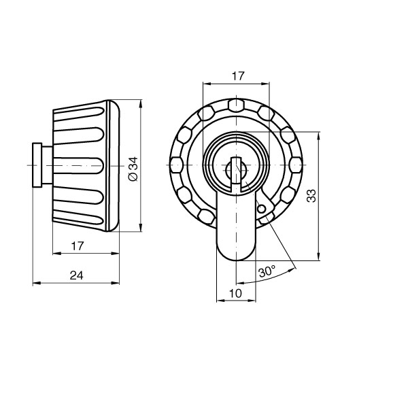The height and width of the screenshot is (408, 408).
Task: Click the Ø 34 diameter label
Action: point(133,168)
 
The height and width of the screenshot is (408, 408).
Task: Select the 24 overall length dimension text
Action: point(77,275)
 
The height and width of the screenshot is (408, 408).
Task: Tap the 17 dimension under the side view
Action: point(77,245)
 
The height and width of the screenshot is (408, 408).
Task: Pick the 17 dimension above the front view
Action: point(236,77)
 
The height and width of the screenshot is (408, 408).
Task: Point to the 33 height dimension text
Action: point(311,196)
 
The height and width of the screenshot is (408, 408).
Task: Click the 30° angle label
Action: point(267,271)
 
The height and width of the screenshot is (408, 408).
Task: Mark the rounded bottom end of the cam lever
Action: point(235,255)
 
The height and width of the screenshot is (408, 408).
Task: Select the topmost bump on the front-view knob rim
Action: point(236,105)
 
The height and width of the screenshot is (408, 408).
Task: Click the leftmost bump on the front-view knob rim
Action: point(175,165)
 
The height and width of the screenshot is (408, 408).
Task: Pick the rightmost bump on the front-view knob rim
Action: point(296,165)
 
